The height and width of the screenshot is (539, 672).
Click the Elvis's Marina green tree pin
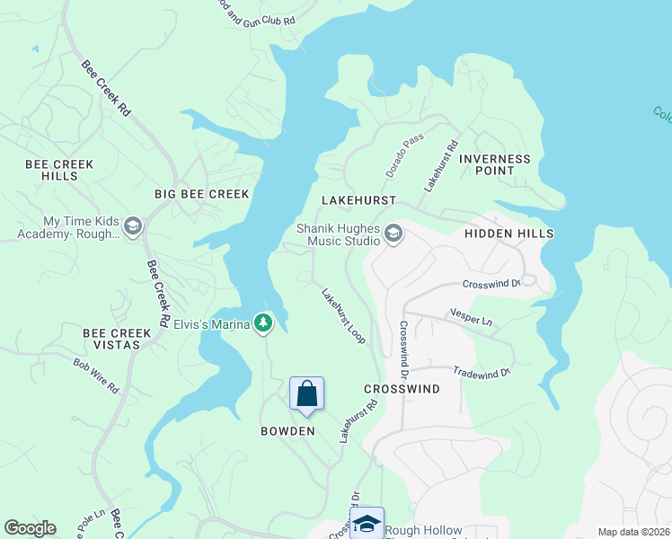262,323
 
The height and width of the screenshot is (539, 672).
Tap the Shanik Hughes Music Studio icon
393,234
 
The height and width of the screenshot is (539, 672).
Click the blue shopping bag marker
306,393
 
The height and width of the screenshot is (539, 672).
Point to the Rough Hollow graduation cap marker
367,524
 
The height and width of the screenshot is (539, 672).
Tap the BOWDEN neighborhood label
287,431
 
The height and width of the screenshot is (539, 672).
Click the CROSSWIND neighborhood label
402,389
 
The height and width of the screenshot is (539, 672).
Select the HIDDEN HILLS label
508,234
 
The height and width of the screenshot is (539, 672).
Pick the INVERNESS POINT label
495,165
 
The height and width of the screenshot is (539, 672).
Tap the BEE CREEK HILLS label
59,171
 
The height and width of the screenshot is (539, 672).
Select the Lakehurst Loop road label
343,314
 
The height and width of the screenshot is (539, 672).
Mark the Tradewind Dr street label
482,371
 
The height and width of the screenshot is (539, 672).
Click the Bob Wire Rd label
96,376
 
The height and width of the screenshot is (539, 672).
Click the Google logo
30,528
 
